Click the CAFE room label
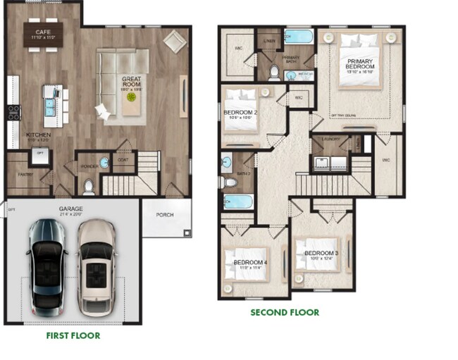tap(43, 31)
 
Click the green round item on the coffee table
tap(130, 98)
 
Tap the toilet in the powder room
tap(88, 187)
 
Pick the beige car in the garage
tap(96, 266)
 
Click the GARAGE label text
tap(71, 209)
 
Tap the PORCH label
tap(165, 216)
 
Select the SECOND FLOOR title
tap(284, 312)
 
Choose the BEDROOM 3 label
tap(322, 253)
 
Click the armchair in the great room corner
tap(174, 41)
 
